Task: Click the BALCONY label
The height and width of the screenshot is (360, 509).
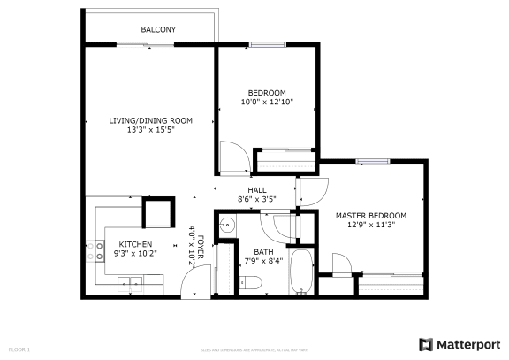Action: (x=158, y=30)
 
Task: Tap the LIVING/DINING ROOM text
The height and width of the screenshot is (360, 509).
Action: (x=150, y=120)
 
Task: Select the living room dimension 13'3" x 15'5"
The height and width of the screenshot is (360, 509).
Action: (x=150, y=130)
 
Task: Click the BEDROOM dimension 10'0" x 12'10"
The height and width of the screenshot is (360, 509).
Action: (x=267, y=102)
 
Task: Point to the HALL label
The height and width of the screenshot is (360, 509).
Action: (x=257, y=190)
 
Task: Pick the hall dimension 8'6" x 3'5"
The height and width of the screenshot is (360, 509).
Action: (x=257, y=199)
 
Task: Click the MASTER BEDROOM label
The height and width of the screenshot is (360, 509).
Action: (x=370, y=215)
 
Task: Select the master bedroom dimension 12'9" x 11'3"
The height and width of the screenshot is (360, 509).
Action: (x=370, y=225)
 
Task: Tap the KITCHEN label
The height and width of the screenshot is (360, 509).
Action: (x=136, y=244)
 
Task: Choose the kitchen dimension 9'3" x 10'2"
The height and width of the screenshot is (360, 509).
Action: (x=136, y=254)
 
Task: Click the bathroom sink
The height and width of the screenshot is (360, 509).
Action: (x=226, y=225)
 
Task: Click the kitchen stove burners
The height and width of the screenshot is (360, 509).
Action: (x=92, y=250)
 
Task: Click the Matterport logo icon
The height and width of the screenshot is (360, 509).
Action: (x=426, y=344)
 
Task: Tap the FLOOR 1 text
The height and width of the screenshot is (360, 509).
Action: (x=19, y=349)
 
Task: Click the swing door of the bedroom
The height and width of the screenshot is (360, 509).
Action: (x=228, y=156)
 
